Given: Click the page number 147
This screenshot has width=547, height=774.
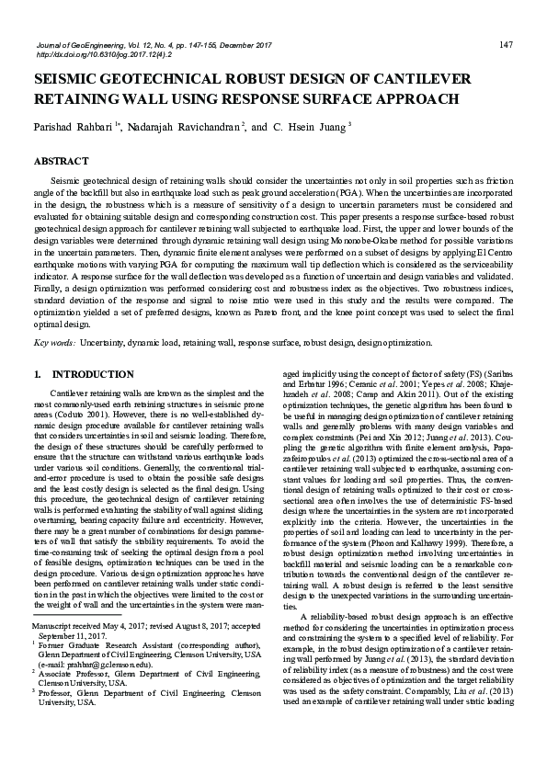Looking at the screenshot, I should [x=505, y=44].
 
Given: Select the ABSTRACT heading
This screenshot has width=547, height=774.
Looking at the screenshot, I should [x=60, y=159].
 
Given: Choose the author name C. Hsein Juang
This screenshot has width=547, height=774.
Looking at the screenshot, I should [x=311, y=126].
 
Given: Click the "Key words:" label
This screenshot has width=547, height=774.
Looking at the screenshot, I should [x=54, y=342].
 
